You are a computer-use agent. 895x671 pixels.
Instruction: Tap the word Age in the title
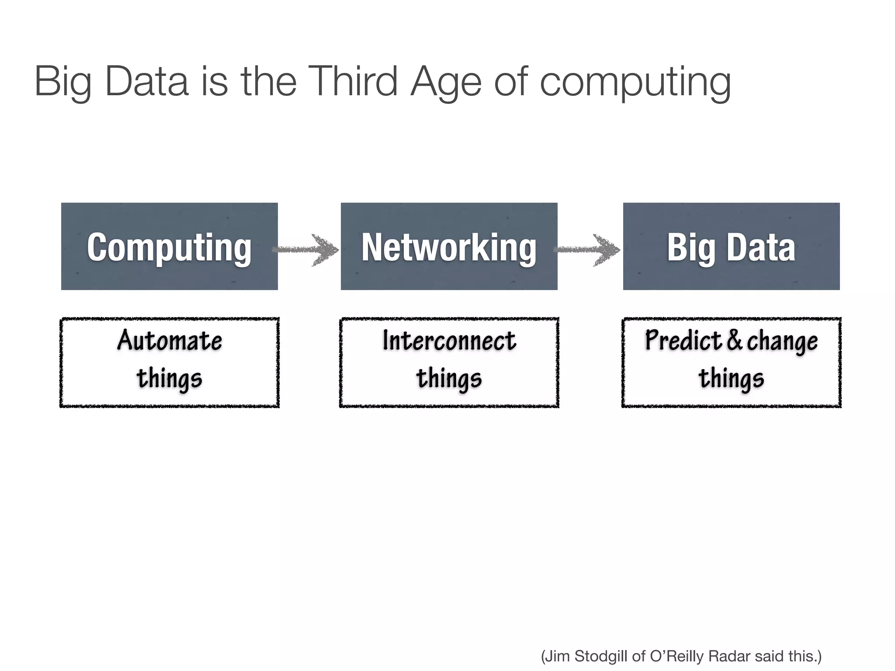coord(446,82)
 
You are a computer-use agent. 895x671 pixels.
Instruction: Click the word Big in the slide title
coord(63,82)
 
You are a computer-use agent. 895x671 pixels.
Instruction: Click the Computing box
coord(170,246)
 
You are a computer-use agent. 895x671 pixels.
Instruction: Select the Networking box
coord(449,246)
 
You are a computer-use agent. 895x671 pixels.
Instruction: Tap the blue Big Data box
coord(731,246)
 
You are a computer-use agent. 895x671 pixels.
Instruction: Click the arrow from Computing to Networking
coord(309,250)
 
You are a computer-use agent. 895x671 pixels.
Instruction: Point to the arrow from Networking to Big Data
coord(589,250)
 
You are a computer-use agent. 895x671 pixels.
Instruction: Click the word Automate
coord(170,340)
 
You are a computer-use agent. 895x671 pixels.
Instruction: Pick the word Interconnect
coord(449,340)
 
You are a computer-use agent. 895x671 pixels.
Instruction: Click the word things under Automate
coord(170,378)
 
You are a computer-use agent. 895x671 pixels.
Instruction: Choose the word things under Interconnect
coord(449,378)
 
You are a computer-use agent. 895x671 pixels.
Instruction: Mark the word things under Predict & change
coord(731,378)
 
